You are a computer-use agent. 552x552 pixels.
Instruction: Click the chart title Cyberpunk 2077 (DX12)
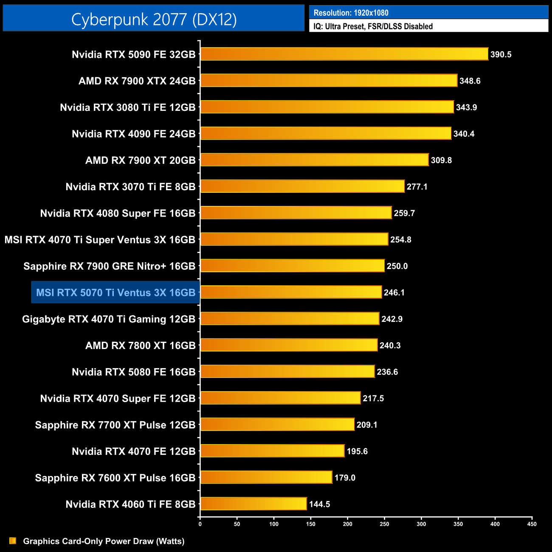pyautogui.click(x=154, y=19)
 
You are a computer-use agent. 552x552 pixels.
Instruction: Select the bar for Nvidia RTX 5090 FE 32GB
pyautogui.click(x=344, y=54)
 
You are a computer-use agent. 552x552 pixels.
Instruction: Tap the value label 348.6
pyautogui.click(x=470, y=81)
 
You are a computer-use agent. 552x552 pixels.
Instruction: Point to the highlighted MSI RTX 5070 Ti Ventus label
pyautogui.click(x=115, y=293)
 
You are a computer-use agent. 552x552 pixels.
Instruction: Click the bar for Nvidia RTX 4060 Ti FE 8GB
pyautogui.click(x=253, y=504)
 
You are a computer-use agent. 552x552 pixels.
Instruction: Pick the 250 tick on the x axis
pyautogui.click(x=384, y=524)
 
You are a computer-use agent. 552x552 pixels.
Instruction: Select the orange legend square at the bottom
pyautogui.click(x=13, y=541)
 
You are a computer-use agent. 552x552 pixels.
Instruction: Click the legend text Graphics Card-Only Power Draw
pyautogui.click(x=104, y=541)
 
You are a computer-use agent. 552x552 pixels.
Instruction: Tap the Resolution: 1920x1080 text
pyautogui.click(x=351, y=13)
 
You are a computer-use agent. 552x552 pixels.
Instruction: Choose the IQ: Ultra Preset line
pyautogui.click(x=373, y=26)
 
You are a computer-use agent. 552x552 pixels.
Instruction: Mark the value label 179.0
pyautogui.click(x=345, y=478)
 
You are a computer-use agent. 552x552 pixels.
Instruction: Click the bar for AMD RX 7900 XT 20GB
pyautogui.click(x=314, y=160)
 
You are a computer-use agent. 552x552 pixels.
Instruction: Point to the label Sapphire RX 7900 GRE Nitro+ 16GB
pyautogui.click(x=109, y=266)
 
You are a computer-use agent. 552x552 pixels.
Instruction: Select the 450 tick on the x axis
pyautogui.click(x=532, y=524)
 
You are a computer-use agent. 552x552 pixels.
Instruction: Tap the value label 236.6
pyautogui.click(x=387, y=372)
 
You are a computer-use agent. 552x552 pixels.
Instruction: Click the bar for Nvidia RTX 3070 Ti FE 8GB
pyautogui.click(x=302, y=186)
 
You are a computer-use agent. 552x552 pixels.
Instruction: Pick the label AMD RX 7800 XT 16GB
pyautogui.click(x=140, y=346)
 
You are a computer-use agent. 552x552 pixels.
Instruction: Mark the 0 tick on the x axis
pyautogui.click(x=200, y=524)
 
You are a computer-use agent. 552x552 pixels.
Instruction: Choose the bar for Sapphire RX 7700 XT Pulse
pyautogui.click(x=277, y=424)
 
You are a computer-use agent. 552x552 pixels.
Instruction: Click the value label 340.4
pyautogui.click(x=464, y=134)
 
